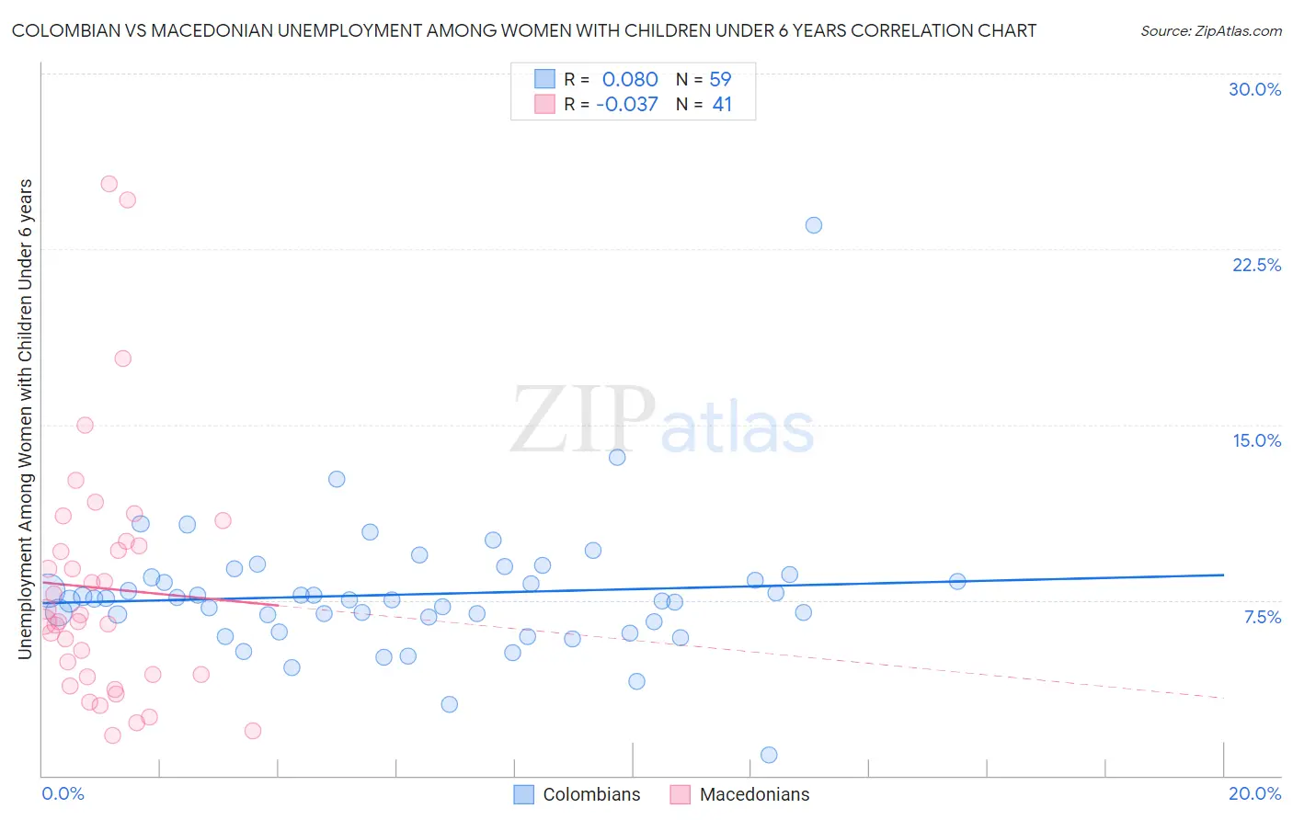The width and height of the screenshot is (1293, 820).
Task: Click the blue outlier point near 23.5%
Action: click(x=813, y=225)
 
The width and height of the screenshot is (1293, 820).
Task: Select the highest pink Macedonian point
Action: click(x=109, y=184)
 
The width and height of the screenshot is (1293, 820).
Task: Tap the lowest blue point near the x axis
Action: click(x=769, y=755)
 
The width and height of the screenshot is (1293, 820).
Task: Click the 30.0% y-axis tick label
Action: click(x=1254, y=89)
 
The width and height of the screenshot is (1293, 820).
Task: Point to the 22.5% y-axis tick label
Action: click(x=1256, y=265)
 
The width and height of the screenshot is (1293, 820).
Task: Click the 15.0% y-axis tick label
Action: click(x=1256, y=440)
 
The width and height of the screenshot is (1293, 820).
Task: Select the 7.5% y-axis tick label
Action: click(x=1262, y=617)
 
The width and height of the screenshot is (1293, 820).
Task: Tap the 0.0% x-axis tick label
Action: click(x=63, y=793)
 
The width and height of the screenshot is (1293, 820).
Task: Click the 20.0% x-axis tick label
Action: click(x=1254, y=793)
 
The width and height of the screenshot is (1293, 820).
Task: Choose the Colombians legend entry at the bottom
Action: click(x=591, y=794)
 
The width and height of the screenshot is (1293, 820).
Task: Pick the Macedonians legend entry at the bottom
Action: click(x=754, y=794)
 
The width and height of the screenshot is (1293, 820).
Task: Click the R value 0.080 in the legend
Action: click(x=630, y=80)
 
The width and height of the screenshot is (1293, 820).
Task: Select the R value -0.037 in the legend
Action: click(x=627, y=105)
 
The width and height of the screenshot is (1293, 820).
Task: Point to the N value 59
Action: click(x=720, y=80)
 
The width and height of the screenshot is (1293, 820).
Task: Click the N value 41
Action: click(x=722, y=105)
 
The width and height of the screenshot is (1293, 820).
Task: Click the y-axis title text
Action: click(x=26, y=419)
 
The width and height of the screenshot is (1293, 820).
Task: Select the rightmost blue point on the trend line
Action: click(x=956, y=581)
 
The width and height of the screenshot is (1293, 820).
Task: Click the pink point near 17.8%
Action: click(x=122, y=359)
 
